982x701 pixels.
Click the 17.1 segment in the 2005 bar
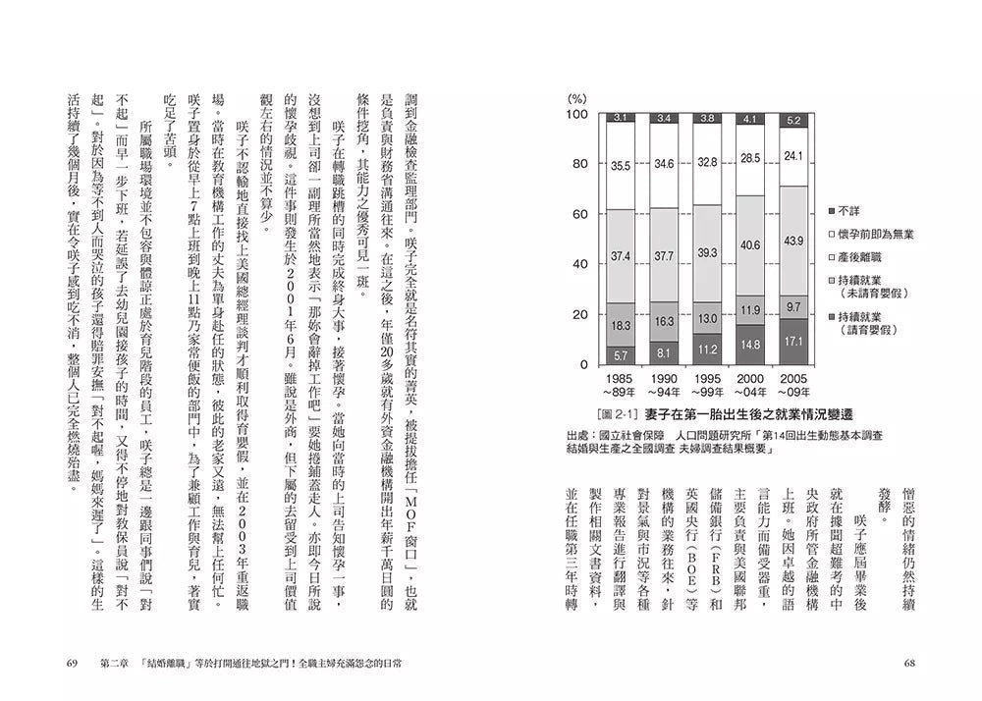[793, 342]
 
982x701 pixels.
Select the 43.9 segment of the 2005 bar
[793, 242]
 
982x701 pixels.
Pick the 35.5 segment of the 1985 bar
[621, 166]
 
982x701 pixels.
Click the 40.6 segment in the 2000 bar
[750, 244]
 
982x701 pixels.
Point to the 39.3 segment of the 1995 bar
[707, 252]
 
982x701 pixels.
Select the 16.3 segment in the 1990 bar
[664, 320]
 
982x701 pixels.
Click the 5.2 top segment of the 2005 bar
[793, 120]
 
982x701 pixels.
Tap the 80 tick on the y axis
[579, 164]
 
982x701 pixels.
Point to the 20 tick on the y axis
[579, 314]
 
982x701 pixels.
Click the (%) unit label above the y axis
[578, 99]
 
